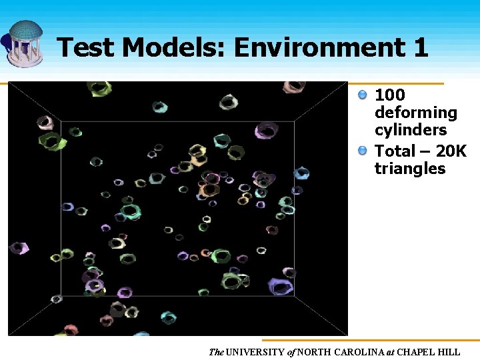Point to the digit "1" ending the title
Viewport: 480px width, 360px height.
[x=420, y=48]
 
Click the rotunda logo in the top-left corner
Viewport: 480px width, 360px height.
[x=24, y=41]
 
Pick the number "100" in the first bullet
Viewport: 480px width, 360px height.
[x=390, y=95]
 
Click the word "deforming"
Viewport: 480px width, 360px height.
[x=415, y=113]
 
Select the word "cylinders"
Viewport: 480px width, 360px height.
[x=410, y=130]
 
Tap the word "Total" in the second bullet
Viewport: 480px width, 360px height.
[x=396, y=151]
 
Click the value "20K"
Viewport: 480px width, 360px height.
[x=451, y=151]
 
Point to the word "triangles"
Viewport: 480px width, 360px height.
[x=409, y=169]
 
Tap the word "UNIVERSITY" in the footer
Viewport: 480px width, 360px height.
[x=257, y=352]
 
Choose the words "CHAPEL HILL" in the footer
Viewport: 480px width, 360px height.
[x=431, y=352]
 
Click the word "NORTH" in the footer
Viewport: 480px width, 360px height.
[x=313, y=352]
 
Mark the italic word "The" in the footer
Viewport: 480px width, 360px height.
[x=216, y=352]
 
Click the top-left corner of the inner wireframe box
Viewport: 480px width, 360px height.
[x=61, y=121]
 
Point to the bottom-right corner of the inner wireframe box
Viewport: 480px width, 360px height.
[x=294, y=295]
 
